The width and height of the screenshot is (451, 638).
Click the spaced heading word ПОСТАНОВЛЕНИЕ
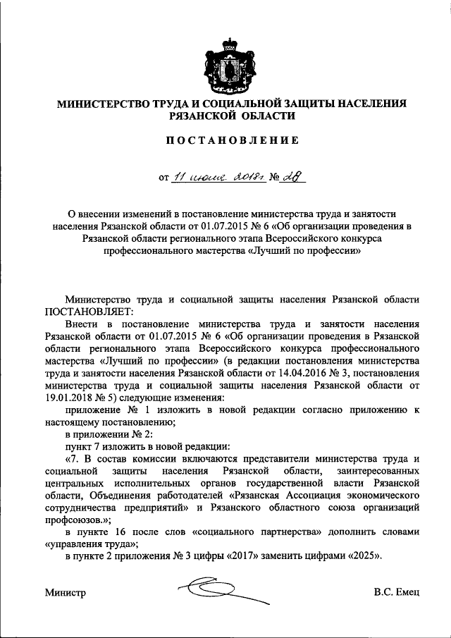tap(232, 140)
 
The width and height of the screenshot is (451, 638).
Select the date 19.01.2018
tap(71, 398)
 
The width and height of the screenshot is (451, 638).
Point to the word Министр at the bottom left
tap(65, 594)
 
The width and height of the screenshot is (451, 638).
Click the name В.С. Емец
tap(397, 594)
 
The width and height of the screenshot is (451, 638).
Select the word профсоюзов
tap(74, 519)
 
